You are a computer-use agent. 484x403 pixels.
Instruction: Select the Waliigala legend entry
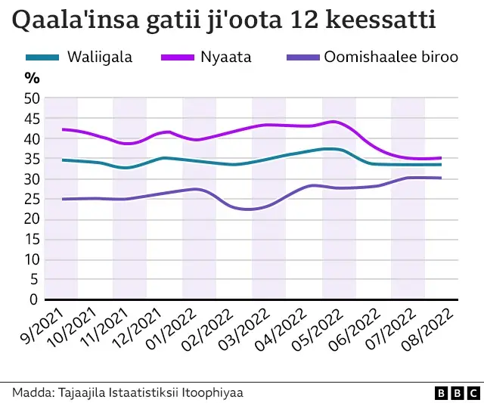[99, 57]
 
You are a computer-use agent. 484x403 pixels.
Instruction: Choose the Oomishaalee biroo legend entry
[390, 57]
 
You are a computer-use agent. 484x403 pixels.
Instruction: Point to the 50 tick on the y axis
[32, 98]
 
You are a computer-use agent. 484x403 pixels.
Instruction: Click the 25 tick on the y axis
[32, 199]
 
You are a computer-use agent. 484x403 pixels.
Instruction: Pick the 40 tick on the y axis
[32, 138]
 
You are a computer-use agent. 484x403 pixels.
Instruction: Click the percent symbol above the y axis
[32, 77]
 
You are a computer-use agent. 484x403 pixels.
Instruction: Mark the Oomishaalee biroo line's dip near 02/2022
[246, 209]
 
